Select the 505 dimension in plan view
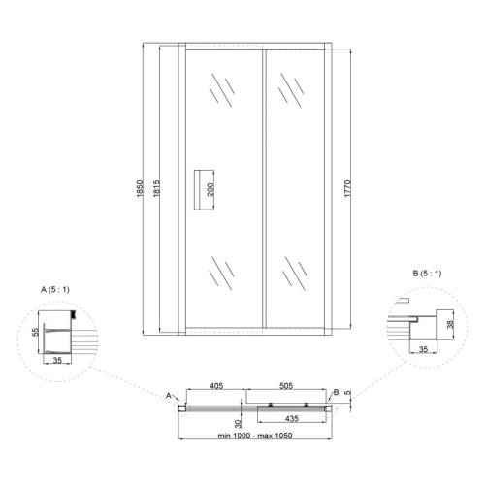pyautogui.click(x=282, y=386)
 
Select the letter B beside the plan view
pyautogui.click(x=336, y=391)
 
